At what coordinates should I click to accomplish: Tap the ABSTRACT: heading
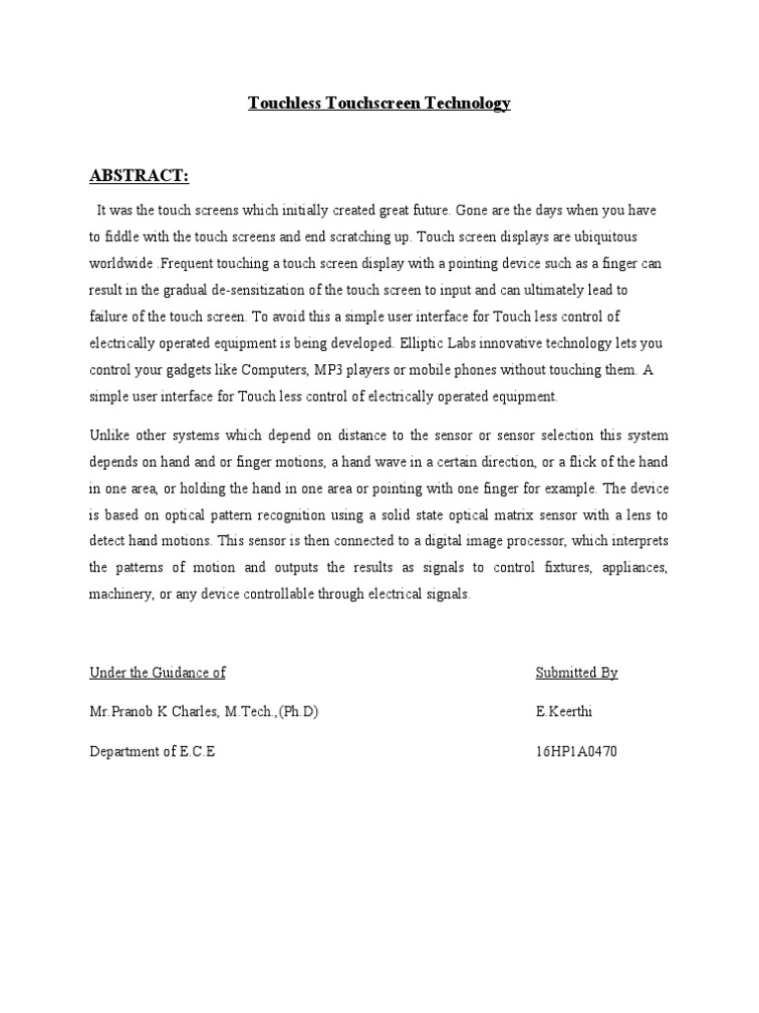pos(139,176)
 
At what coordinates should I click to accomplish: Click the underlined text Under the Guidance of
pos(157,673)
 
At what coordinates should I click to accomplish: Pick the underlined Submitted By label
pos(576,673)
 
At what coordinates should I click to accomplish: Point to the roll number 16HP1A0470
pos(576,752)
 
